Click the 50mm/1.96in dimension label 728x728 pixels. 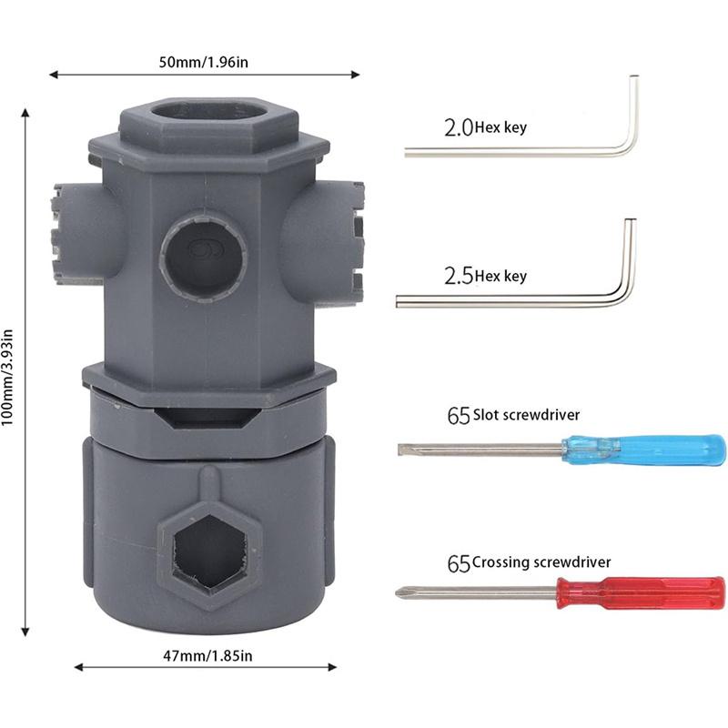[x=205, y=63]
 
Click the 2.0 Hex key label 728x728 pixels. [x=485, y=128]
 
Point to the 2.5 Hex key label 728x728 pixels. [x=485, y=276]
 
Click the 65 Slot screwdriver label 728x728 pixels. [x=513, y=416]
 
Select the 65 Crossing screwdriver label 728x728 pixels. [x=528, y=563]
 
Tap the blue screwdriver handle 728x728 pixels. [x=643, y=450]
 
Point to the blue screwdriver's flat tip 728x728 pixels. [x=402, y=450]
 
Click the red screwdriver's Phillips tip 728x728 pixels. [x=400, y=594]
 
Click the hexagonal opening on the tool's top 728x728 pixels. [x=208, y=117]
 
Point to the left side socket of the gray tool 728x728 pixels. [x=73, y=233]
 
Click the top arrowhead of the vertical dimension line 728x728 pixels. [x=25, y=111]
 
